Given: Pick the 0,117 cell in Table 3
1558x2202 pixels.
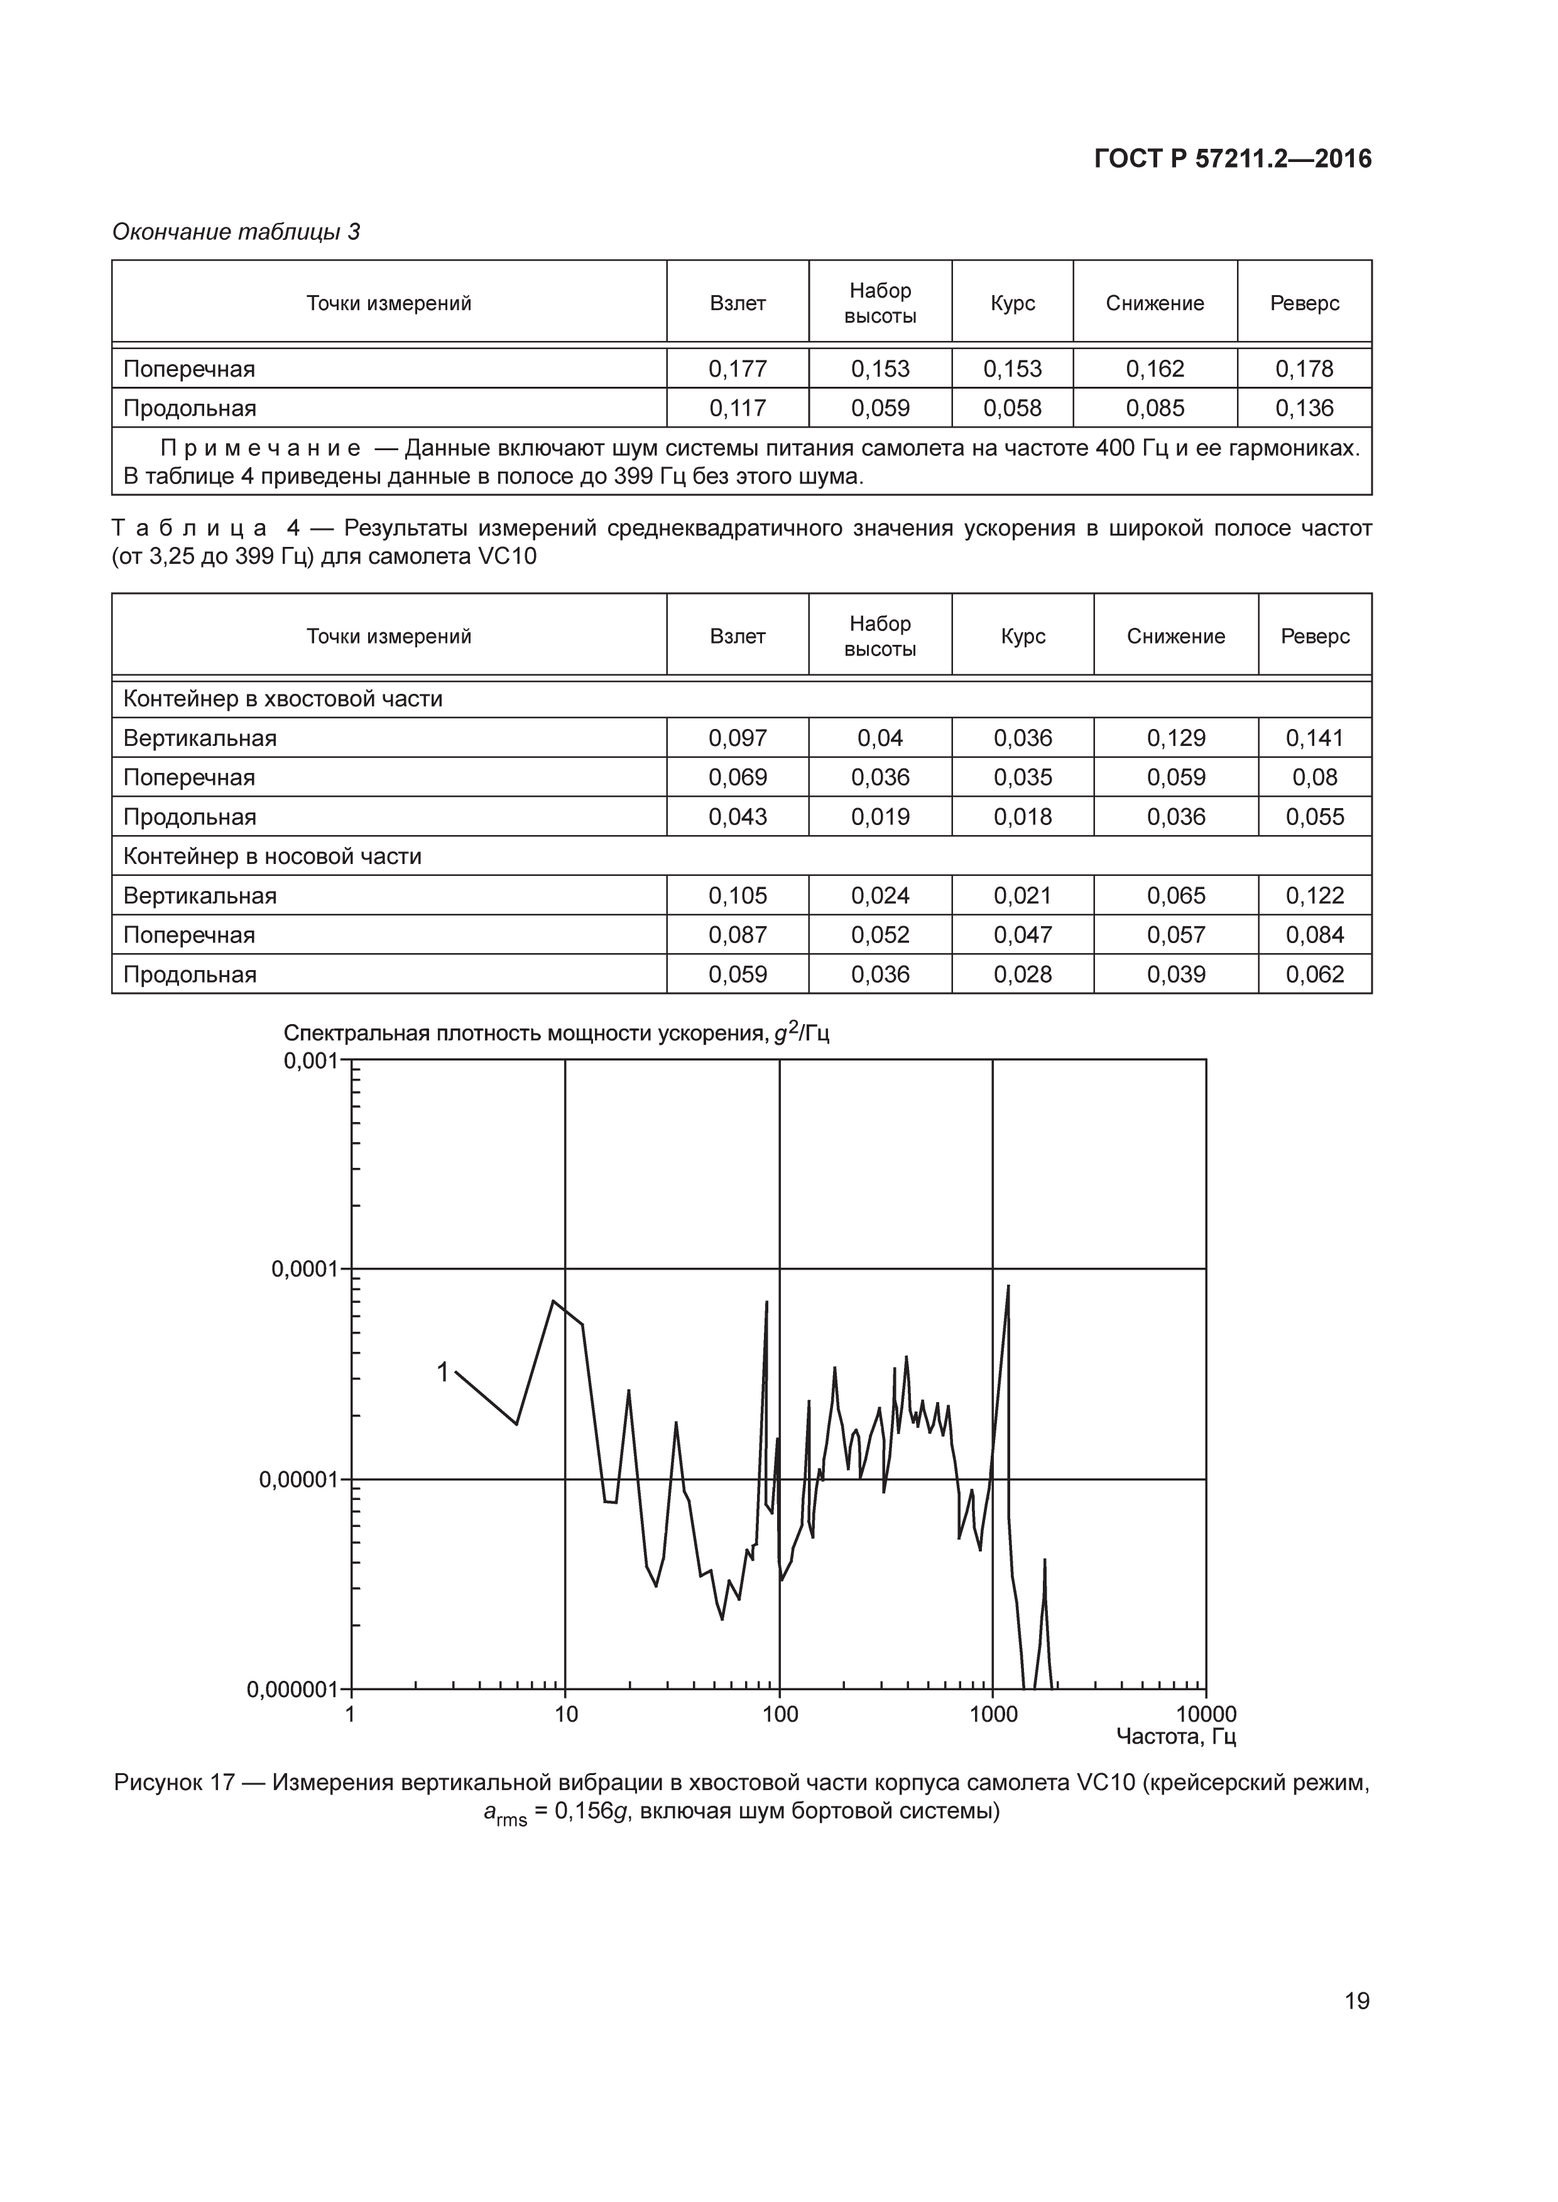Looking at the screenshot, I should point(737,409).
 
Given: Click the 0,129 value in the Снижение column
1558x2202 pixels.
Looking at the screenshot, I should point(1175,738).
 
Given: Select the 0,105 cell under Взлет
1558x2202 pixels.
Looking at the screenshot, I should point(737,896).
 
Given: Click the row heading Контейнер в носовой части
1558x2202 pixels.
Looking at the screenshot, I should point(273,856).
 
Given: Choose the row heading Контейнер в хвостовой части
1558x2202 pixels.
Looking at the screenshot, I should point(283,699).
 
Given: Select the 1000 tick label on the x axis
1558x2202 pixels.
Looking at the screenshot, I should point(993,1714).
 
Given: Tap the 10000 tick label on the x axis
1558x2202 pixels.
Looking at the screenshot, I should point(1206,1714).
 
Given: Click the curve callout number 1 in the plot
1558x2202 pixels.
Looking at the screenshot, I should point(442,1373).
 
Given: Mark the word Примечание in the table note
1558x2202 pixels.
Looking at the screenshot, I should point(260,449).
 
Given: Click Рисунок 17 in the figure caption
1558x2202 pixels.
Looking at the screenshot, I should point(173,1783).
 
